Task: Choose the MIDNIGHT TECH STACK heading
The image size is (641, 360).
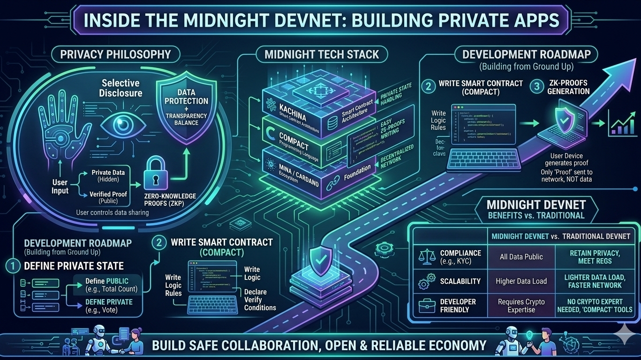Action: coord(321,54)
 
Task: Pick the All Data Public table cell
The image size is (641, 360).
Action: coord(521,257)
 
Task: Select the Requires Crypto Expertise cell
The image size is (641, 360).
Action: coord(521,306)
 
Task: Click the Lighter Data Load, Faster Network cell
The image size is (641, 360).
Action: coord(595,281)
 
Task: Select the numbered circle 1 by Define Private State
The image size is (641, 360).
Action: coord(13,266)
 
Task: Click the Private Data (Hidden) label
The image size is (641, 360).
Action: coord(108,176)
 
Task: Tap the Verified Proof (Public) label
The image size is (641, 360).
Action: coord(107,197)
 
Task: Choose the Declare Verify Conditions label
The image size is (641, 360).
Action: coord(260,300)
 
